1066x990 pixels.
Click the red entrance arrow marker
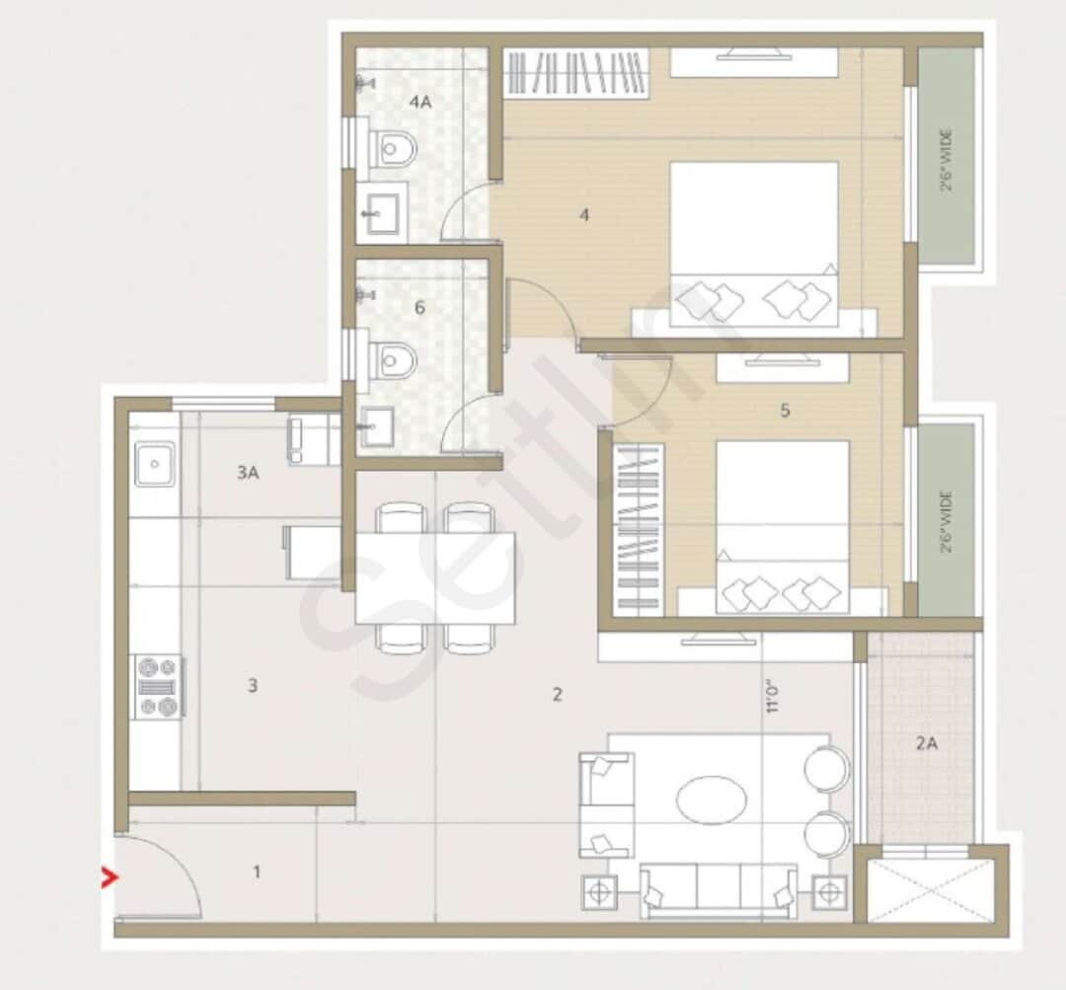109,876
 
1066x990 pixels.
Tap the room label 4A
421,101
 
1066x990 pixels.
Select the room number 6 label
419,307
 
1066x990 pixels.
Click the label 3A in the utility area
247,473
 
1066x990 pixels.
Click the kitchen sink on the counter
155,465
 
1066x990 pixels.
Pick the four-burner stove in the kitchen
158,687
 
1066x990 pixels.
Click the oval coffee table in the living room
711,799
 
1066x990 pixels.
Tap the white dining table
435,578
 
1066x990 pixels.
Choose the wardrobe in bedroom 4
578,73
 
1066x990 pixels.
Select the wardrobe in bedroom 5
638,527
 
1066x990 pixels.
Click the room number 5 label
785,410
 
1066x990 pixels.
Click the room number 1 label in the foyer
257,872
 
